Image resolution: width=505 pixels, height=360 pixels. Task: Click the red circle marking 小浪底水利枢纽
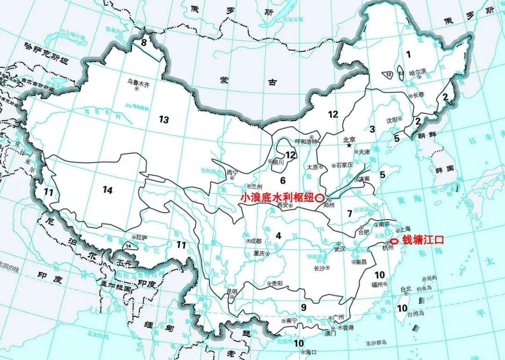[x=320, y=197]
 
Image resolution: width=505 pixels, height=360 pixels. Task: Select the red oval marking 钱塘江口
[x=394, y=241]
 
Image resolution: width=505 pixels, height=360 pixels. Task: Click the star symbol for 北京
[x=349, y=146]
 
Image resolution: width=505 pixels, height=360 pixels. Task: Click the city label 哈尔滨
[x=418, y=72]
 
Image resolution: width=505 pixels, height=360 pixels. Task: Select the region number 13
[x=164, y=120]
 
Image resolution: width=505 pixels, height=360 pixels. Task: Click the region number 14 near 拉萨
[x=128, y=245]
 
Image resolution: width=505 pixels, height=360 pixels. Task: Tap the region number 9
[x=303, y=308]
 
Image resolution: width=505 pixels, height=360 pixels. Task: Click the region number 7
[x=349, y=213]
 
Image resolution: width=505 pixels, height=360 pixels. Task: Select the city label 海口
[x=312, y=352]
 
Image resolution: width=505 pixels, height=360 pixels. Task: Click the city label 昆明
[x=232, y=291]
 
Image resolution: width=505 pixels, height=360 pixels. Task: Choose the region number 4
[x=279, y=235]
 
